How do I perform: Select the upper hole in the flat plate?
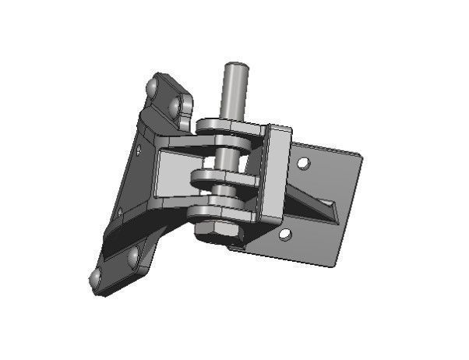[x=304, y=163]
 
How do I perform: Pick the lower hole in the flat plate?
[x=286, y=233]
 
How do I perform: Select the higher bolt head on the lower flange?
[x=133, y=255]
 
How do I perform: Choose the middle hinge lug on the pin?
[x=224, y=180]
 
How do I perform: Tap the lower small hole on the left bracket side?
[x=119, y=212]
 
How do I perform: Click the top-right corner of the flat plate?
[x=361, y=157]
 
